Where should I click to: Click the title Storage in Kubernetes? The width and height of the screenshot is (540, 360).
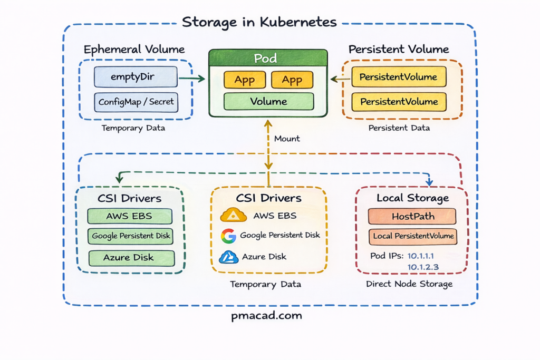[x=259, y=22]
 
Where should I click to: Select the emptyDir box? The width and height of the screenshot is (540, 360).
[x=136, y=77]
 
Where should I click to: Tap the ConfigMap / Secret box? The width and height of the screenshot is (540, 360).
[x=136, y=102]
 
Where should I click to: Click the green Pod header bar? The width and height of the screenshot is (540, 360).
[x=268, y=57]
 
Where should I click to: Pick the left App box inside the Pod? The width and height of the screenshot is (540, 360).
[x=245, y=80]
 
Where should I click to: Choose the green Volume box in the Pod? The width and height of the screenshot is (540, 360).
[x=268, y=101]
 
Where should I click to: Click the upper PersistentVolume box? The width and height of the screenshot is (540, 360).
[x=398, y=77]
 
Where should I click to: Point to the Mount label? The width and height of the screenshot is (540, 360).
[x=287, y=139]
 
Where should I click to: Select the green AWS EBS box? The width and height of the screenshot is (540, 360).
[x=129, y=216]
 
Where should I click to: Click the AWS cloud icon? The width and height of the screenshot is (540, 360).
[x=234, y=215]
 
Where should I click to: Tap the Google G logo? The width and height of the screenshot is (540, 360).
[x=228, y=236]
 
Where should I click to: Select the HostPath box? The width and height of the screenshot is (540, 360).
[x=412, y=216]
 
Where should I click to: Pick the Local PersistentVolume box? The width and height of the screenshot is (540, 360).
[x=413, y=236]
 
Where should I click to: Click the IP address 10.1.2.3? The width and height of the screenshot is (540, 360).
[x=423, y=267]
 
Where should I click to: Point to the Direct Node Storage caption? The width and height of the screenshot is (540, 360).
[x=409, y=284]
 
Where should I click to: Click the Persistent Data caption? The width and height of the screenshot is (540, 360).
[x=399, y=128]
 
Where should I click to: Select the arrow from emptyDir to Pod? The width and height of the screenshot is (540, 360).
[x=191, y=79]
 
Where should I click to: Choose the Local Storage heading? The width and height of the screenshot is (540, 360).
[x=412, y=198]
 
